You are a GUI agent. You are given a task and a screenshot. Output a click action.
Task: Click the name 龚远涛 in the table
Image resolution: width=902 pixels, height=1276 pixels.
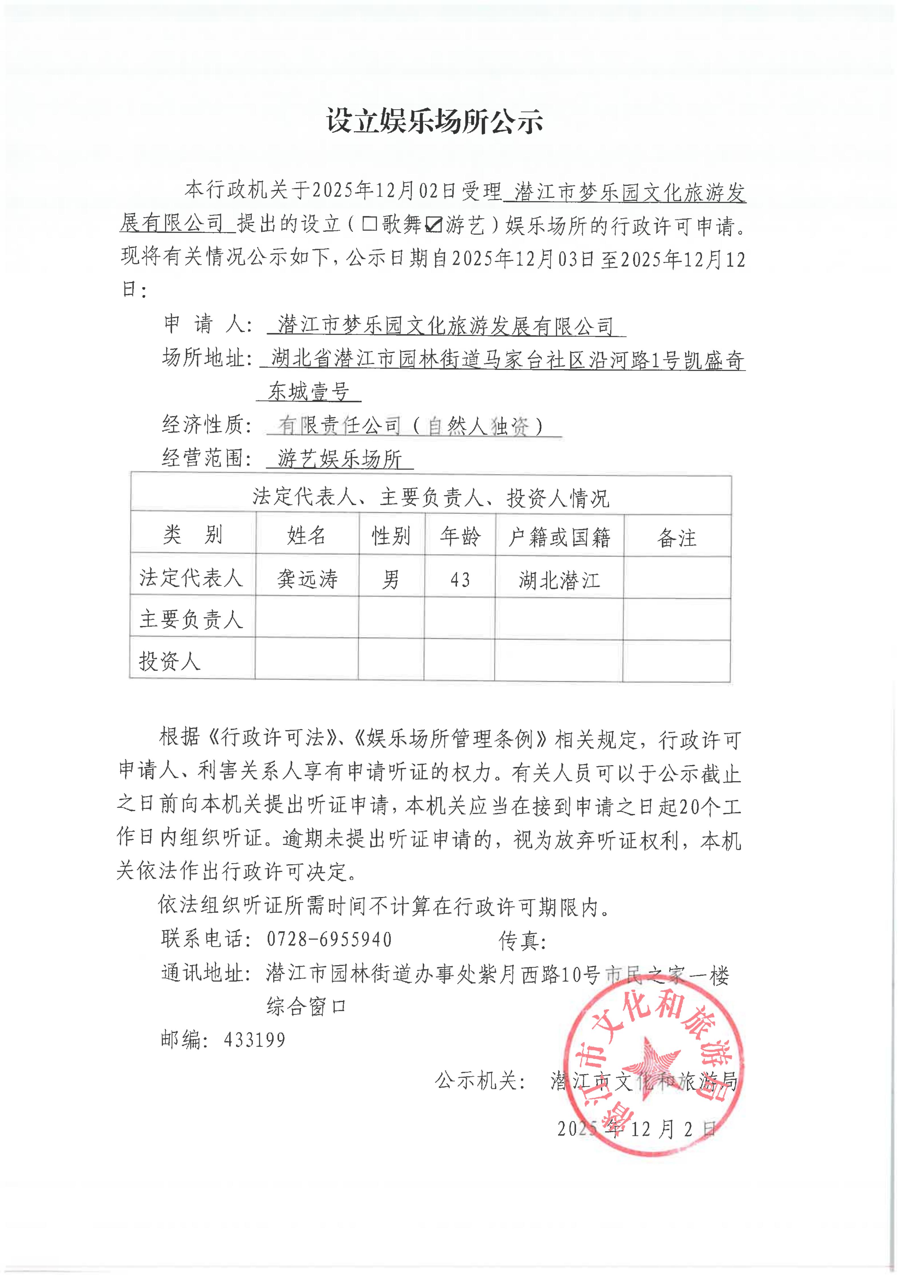(x=307, y=579)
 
